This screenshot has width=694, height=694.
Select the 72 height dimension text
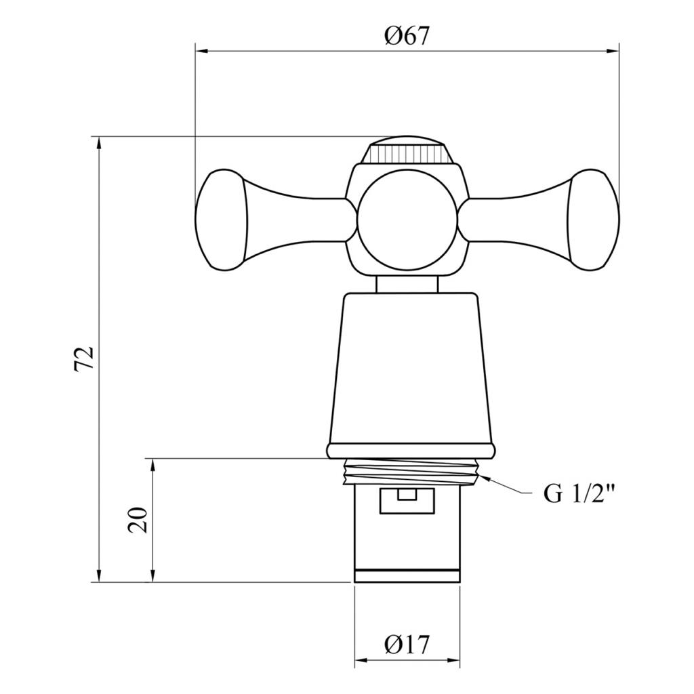[84, 359]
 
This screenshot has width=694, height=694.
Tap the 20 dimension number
[138, 520]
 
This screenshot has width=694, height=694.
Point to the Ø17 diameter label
[407, 645]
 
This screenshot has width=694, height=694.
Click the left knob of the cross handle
[222, 220]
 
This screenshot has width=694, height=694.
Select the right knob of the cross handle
[594, 220]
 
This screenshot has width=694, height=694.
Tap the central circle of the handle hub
[407, 220]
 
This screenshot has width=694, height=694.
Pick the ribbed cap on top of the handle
[407, 150]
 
